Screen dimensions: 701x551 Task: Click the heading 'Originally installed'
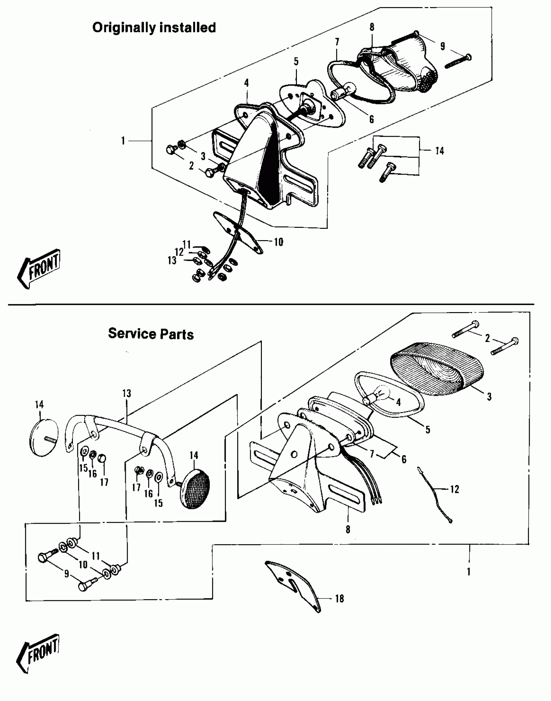(154, 28)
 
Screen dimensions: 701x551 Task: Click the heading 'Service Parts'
(151, 334)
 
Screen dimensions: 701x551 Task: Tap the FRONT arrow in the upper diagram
(39, 268)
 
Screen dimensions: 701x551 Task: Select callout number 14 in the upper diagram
(439, 151)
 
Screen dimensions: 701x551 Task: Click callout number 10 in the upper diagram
(278, 242)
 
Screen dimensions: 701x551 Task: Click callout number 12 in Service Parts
(455, 489)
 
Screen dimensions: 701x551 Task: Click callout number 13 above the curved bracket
(126, 393)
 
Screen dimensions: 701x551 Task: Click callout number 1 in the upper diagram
(123, 141)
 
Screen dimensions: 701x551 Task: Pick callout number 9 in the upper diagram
(443, 46)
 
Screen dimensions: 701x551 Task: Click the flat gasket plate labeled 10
(238, 232)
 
